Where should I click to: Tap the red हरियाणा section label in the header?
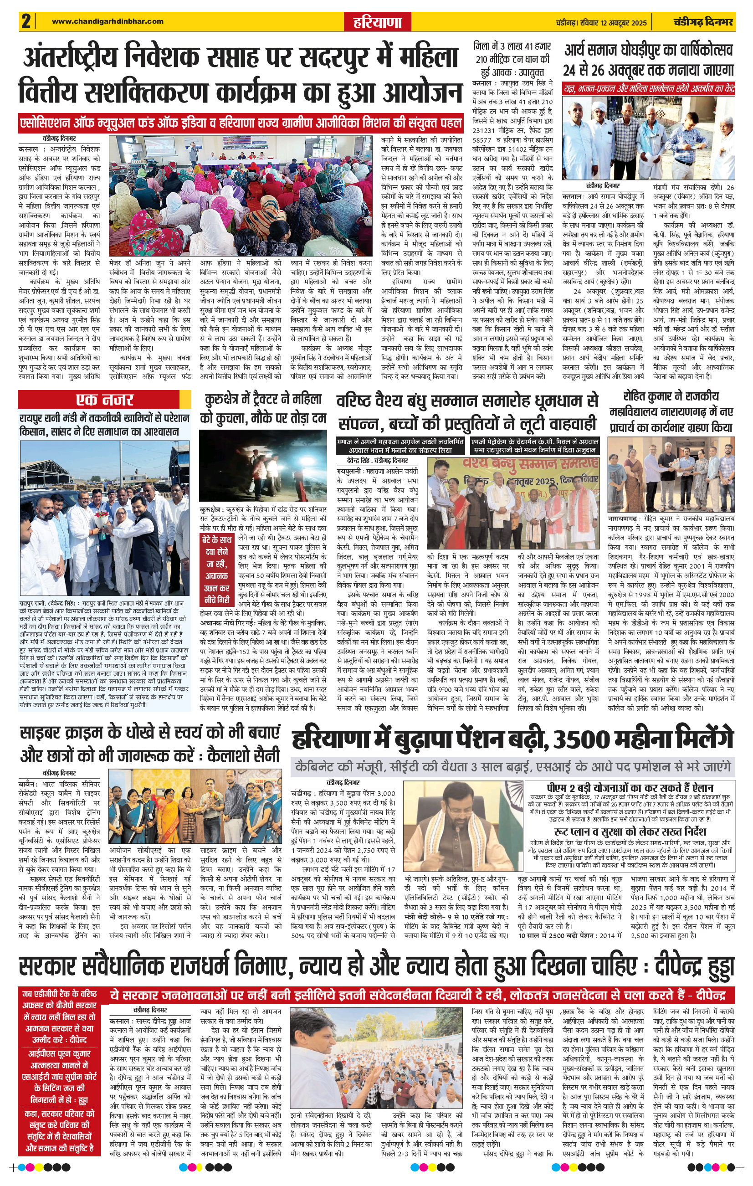click(377, 22)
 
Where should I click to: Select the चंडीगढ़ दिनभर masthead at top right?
click(703, 22)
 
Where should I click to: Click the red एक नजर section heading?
click(104, 399)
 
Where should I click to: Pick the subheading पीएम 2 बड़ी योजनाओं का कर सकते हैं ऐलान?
click(630, 787)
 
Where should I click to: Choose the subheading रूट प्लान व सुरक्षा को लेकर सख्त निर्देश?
click(630, 832)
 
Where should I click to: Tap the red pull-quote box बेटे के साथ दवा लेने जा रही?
click(217, 570)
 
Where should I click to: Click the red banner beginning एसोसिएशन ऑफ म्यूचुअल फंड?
click(241, 123)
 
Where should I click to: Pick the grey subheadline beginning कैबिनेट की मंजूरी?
click(512, 767)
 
